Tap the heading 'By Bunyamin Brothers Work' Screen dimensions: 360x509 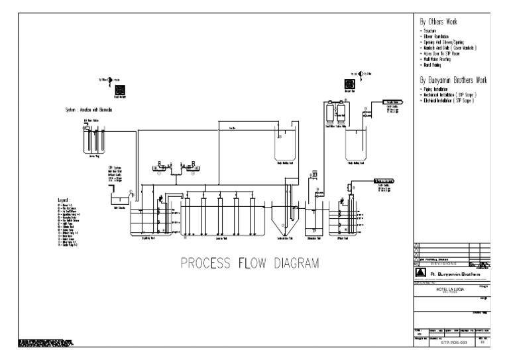[x=454, y=80]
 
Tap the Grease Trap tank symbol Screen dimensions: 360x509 [x=93, y=140]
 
